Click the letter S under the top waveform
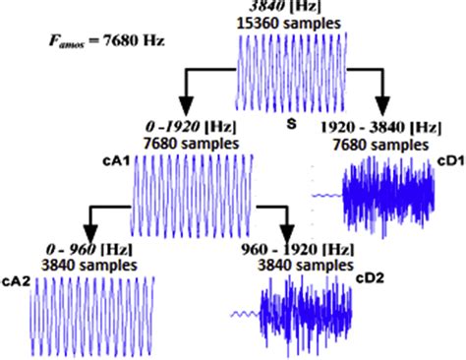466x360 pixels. click(x=292, y=125)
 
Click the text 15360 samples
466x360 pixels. click(x=292, y=21)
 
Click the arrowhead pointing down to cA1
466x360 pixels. click(x=185, y=105)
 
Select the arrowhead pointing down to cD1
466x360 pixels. click(x=383, y=105)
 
